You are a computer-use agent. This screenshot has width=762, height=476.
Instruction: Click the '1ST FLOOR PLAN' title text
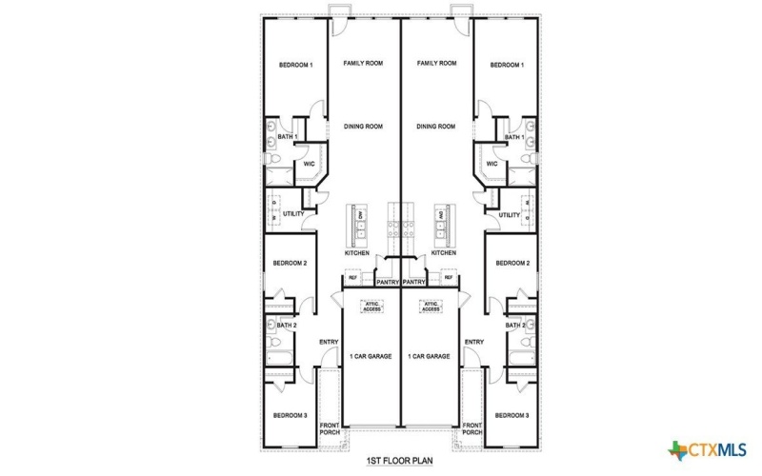(399, 460)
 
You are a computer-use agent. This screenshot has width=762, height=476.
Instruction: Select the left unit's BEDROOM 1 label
(295, 65)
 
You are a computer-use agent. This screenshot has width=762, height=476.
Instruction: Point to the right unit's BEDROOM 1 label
(506, 65)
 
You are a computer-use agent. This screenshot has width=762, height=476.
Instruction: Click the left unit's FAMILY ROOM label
(363, 64)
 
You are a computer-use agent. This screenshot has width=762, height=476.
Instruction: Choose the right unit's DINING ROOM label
(436, 126)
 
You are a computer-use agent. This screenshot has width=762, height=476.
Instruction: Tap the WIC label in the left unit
(309, 164)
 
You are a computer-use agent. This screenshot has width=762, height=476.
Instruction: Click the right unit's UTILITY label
(509, 215)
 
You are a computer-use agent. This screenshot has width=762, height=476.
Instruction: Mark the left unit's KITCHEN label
(357, 253)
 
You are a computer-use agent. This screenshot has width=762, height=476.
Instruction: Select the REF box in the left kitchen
(351, 278)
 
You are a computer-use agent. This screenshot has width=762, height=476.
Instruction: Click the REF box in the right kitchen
(448, 278)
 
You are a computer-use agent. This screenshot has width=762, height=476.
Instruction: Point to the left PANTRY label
(387, 283)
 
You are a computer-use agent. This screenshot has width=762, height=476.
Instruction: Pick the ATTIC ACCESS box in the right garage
(431, 307)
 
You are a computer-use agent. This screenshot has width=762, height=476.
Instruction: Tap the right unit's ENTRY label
(473, 342)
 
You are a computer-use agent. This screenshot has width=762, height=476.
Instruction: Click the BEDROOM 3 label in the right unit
(511, 415)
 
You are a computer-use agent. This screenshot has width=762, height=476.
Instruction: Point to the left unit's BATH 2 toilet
(271, 344)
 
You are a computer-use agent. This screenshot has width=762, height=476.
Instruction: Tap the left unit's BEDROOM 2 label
(290, 263)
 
